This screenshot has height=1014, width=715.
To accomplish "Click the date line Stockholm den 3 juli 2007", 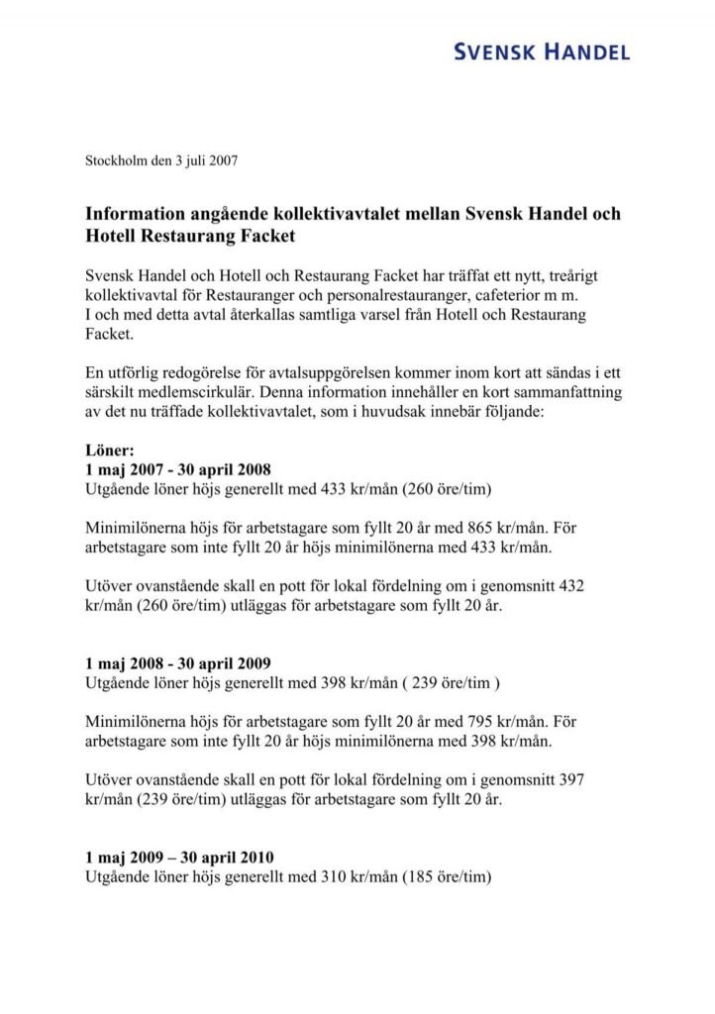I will pos(161,159).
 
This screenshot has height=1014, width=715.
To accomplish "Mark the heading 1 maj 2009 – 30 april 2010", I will pos(179,857).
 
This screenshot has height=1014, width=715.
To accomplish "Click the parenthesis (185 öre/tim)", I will pos(447,876).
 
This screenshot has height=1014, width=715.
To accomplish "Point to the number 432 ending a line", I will pos(572,585).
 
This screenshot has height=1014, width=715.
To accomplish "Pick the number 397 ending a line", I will pos(572,779).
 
